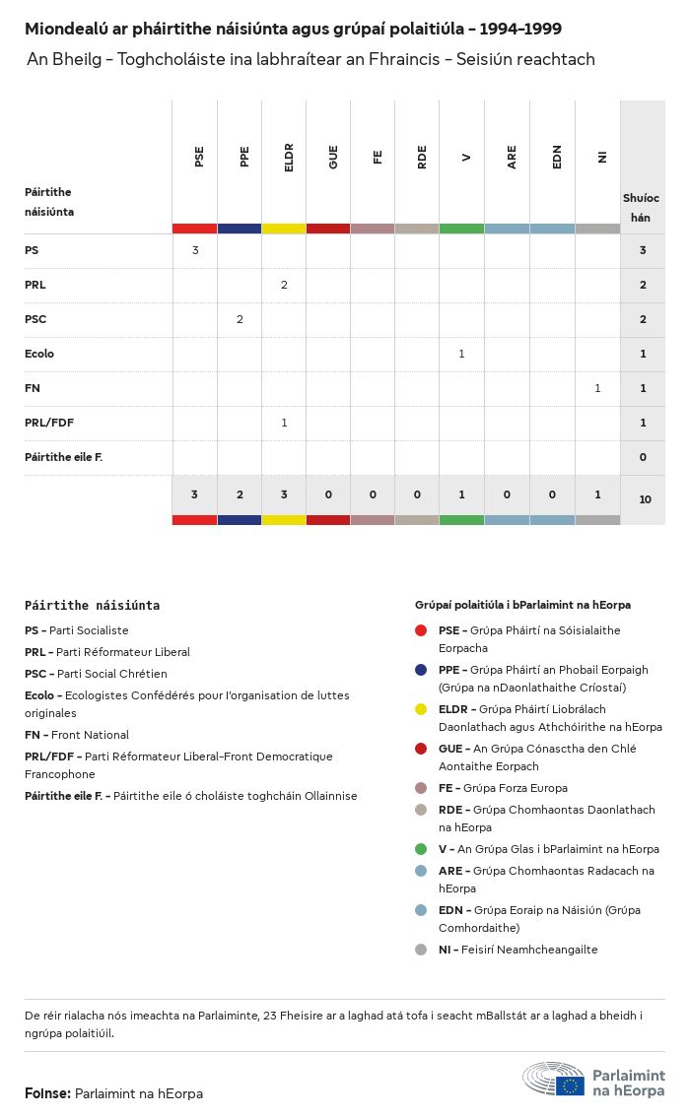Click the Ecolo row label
39,354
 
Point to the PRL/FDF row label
49,423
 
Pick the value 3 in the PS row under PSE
195,250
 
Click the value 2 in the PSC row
240,319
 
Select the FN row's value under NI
597,388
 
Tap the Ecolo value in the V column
461,354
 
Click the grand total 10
645,499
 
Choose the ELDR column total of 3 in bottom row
284,494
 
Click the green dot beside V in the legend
421,849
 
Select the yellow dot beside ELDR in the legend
421,709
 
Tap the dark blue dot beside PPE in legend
421,670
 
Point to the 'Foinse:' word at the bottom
47,1093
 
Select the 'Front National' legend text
90,735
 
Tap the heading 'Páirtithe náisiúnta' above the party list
92,606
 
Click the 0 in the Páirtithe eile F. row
643,457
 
